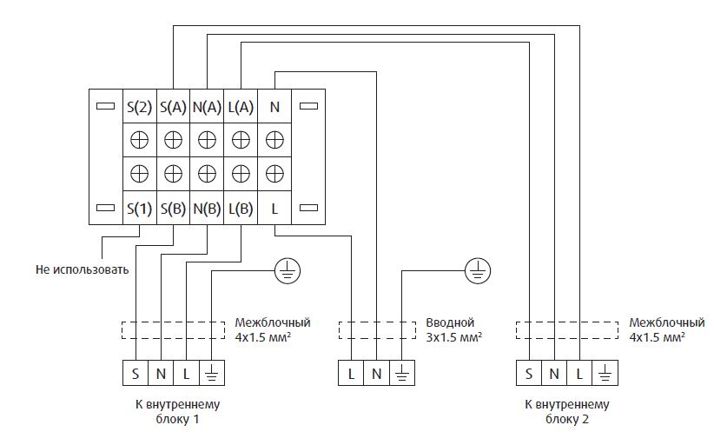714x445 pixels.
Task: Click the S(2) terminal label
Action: pyautogui.click(x=139, y=107)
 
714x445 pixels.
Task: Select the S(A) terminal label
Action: pyautogui.click(x=173, y=107)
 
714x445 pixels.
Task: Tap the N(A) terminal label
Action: pyautogui.click(x=207, y=107)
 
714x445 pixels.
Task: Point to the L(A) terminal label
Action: pyautogui.click(x=241, y=107)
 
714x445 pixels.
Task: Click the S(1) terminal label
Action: pyautogui.click(x=139, y=209)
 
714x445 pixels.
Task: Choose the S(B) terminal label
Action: pyautogui.click(x=173, y=209)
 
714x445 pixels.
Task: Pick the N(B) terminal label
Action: pyautogui.click(x=207, y=209)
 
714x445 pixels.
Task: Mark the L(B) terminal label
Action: pyautogui.click(x=241, y=209)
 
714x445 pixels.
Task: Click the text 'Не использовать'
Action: pyautogui.click(x=83, y=269)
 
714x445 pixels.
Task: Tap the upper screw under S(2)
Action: pyautogui.click(x=139, y=139)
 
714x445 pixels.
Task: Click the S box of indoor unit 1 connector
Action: pyautogui.click(x=136, y=373)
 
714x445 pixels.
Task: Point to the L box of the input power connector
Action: pyautogui.click(x=351, y=373)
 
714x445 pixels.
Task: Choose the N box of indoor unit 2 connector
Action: pyautogui.click(x=554, y=373)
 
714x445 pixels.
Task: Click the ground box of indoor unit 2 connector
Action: pyautogui.click(x=605, y=373)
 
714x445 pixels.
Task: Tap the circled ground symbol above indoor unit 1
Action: pyautogui.click(x=288, y=271)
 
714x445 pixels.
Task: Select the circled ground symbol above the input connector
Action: pyautogui.click(x=477, y=271)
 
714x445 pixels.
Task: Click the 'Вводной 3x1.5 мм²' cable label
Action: pyautogui.click(x=453, y=329)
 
